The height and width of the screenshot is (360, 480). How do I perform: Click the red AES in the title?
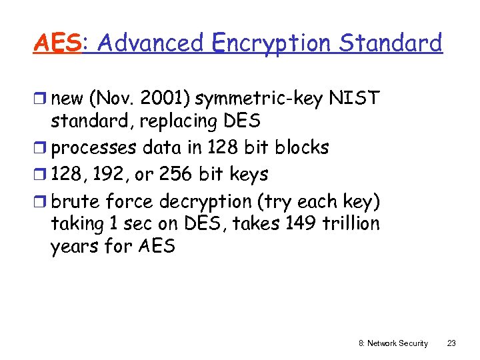coord(57,43)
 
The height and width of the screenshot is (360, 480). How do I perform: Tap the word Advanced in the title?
coord(149,43)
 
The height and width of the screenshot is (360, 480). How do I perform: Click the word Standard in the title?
coord(390,43)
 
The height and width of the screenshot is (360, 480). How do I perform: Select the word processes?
coord(94,147)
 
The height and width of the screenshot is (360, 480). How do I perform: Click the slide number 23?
coord(451,343)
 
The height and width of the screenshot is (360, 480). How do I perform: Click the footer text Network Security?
coord(399,343)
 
